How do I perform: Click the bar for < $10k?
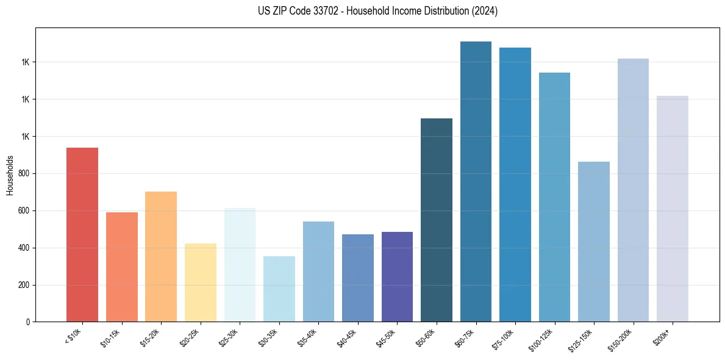click(x=82, y=235)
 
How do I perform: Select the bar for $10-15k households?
click(x=122, y=267)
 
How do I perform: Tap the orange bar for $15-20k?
click(x=161, y=257)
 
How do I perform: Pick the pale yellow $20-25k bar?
click(x=201, y=283)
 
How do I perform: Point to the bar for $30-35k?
click(x=279, y=289)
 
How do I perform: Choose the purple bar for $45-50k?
click(x=397, y=277)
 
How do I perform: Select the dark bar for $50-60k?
click(x=437, y=220)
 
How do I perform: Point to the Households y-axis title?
click(x=10, y=175)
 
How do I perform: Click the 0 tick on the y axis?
click(x=28, y=322)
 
